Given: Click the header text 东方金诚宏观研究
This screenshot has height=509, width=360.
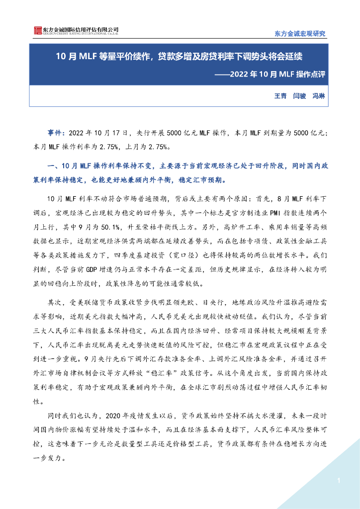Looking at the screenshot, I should coord(300,34).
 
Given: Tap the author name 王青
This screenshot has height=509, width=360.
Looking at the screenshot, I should coord(281,95).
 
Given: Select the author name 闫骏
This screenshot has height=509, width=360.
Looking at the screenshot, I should coord(299,95).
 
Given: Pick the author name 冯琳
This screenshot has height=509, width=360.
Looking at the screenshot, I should coord(318,95).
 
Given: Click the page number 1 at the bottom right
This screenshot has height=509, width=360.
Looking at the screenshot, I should coord(339,481).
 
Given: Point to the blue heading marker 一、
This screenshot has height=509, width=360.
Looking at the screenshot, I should coord(52,166).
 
